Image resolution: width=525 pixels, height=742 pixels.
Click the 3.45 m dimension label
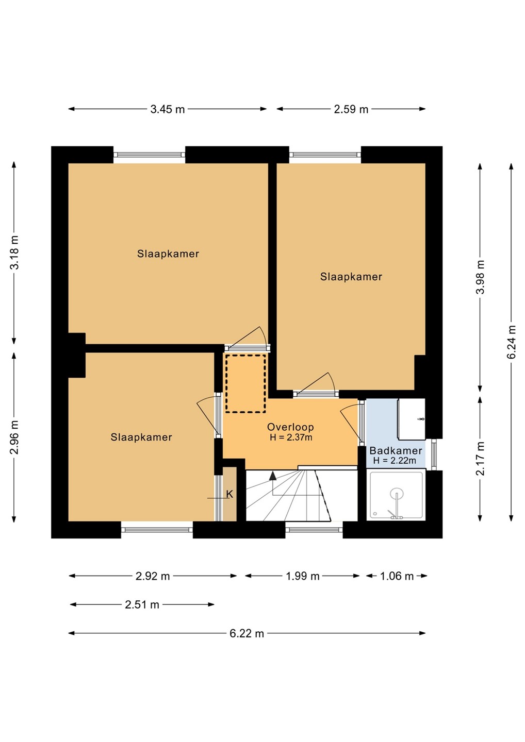pos(168,109)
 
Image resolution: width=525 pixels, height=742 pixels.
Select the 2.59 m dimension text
pos(351,109)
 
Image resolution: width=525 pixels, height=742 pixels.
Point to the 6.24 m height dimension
pos(512,342)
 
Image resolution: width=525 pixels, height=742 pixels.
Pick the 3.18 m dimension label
pos(14,252)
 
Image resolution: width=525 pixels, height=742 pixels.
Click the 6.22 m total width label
pos(247,633)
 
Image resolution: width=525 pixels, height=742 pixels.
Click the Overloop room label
pos(290,427)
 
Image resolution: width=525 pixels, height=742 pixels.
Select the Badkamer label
pos(396,450)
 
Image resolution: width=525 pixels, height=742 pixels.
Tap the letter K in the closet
pos(229,494)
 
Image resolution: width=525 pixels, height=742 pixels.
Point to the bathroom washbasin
pos(412,419)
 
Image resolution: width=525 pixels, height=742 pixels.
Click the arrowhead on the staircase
pos(272,476)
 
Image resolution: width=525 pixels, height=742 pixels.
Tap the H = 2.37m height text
pos(291,437)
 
